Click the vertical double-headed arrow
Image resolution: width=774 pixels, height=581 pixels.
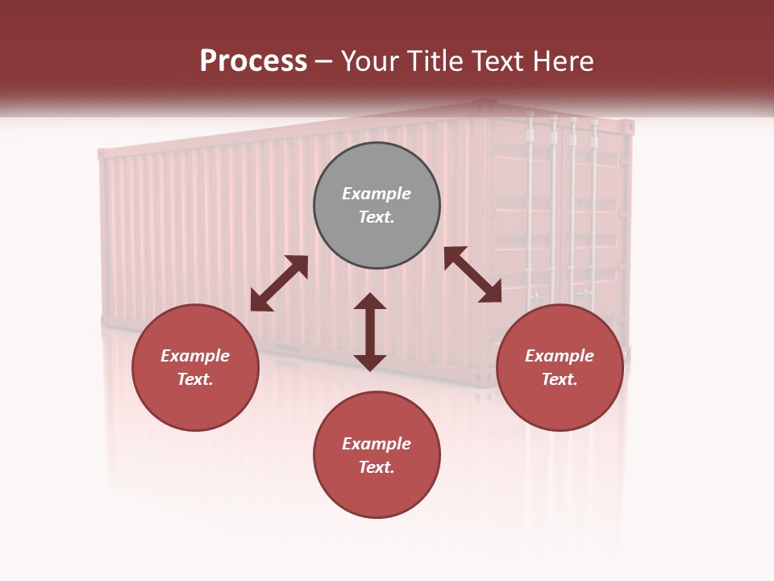point(370,332)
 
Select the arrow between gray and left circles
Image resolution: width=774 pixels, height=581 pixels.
point(279,283)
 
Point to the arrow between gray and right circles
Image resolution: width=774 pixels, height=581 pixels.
point(472,275)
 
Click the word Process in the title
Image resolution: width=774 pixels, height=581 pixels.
point(253,61)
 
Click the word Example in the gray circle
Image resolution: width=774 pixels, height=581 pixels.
point(377,194)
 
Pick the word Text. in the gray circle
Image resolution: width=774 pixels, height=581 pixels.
point(377,217)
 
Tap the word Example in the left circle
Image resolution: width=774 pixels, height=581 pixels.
point(195,356)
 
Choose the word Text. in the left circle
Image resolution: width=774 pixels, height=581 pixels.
point(195,379)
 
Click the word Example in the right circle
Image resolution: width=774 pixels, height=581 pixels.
point(560,356)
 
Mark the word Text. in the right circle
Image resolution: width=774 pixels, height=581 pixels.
point(560,379)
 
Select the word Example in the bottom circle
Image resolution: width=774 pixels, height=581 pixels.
point(377,444)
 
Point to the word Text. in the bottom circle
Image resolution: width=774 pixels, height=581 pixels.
point(377,467)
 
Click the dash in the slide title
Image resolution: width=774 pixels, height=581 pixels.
point(324,62)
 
